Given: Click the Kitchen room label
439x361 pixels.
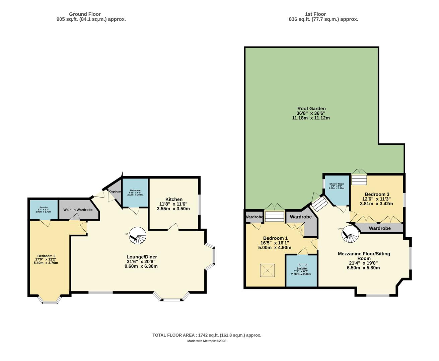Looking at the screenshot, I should point(174,199).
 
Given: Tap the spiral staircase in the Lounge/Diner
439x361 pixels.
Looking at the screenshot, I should point(138,236).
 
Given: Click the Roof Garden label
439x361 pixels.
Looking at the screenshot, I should point(311,109).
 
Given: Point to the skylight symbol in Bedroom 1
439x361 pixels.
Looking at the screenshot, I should point(268,270).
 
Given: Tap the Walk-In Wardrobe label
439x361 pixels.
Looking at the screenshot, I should point(78,210).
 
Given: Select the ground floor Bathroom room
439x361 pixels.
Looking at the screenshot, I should point(135,193).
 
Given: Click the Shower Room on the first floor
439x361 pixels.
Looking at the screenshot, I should point(337,191).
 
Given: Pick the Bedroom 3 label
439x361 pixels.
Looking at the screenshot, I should point(377,194).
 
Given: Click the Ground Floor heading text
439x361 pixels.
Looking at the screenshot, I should point(85,14).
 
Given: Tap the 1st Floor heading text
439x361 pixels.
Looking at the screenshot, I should point(315,14).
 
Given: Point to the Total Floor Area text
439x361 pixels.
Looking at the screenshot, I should point(207,335).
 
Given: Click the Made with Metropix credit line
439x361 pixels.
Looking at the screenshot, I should point(207,341).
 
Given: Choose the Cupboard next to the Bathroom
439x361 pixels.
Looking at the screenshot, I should point(115,192).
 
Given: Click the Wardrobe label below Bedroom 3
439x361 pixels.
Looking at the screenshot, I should point(379,228).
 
